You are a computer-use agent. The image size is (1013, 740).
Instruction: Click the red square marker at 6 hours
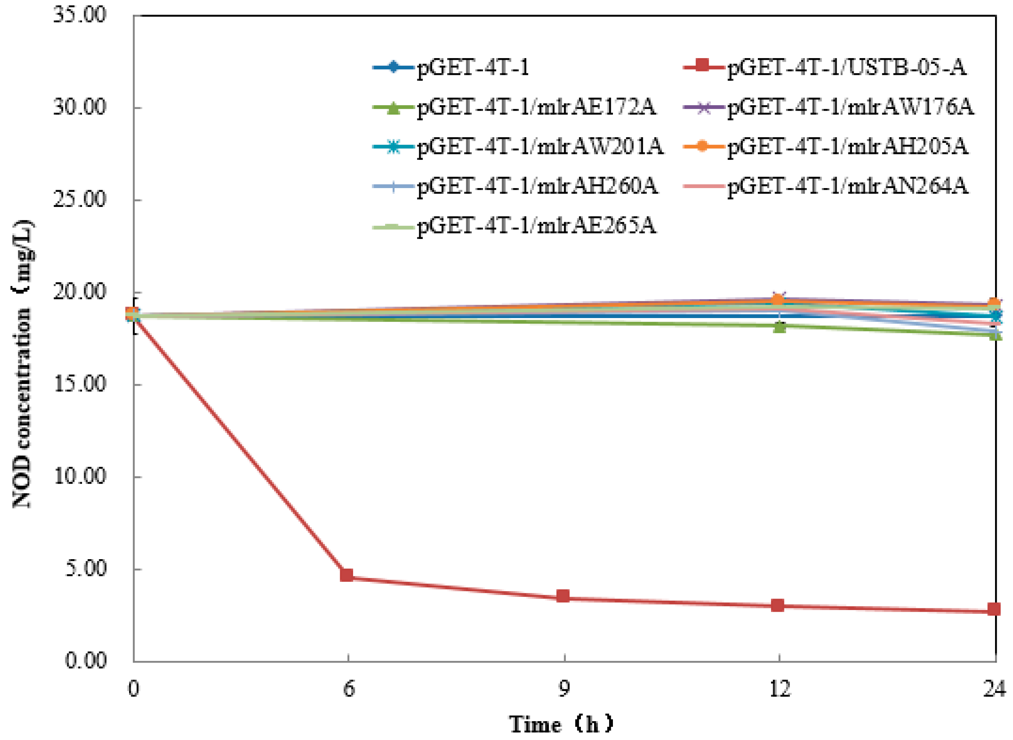tap(347, 575)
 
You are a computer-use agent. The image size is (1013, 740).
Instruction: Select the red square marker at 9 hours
tap(563, 596)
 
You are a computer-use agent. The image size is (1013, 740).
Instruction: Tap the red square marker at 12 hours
tap(778, 606)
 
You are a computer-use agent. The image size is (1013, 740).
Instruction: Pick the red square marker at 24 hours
tap(994, 609)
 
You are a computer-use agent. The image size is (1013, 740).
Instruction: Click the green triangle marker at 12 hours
tap(780, 327)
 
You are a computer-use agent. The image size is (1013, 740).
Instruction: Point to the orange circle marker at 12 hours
tap(778, 300)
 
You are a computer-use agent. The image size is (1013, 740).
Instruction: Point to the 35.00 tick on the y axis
tap(80, 15)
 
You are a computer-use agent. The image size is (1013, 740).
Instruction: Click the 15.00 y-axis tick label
tap(80, 384)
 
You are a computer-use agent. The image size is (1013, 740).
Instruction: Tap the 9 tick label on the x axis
tap(564, 689)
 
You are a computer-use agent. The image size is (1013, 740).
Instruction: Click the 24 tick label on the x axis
tap(995, 689)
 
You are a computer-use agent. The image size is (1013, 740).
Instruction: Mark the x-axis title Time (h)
tap(561, 724)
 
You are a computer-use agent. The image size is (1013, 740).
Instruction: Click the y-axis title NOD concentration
tap(22, 363)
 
